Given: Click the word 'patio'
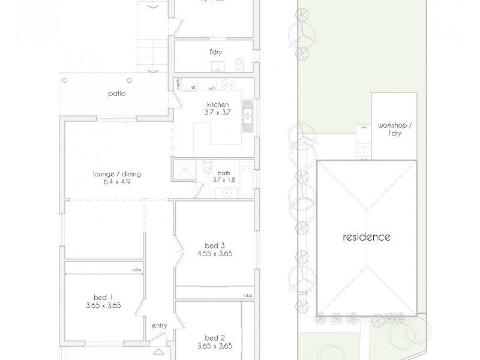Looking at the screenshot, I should [x=116, y=93].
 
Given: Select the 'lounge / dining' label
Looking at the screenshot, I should [x=116, y=174].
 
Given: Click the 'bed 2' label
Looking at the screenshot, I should [x=214, y=337].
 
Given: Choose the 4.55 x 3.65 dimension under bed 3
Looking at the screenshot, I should [x=215, y=253].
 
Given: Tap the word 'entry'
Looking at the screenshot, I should [x=159, y=326].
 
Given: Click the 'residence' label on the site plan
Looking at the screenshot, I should [x=366, y=236].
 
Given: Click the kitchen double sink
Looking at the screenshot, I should [x=247, y=116].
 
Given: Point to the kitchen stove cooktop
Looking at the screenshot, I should [x=227, y=83].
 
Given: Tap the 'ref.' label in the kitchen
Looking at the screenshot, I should [x=193, y=88].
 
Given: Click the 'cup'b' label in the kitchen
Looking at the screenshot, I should [x=178, y=84].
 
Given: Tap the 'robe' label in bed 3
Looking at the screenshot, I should [x=247, y=296].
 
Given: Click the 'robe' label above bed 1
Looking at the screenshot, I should [x=137, y=271].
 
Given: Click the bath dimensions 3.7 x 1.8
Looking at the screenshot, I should [x=223, y=179].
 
